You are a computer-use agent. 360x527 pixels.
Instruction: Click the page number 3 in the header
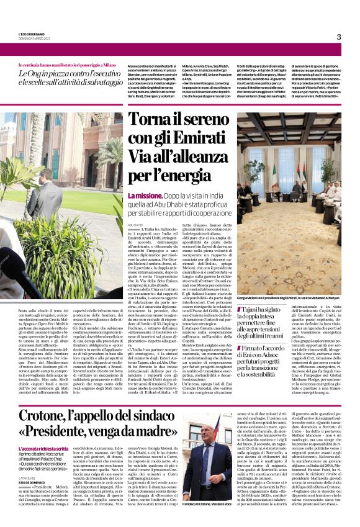[x=339, y=37]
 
